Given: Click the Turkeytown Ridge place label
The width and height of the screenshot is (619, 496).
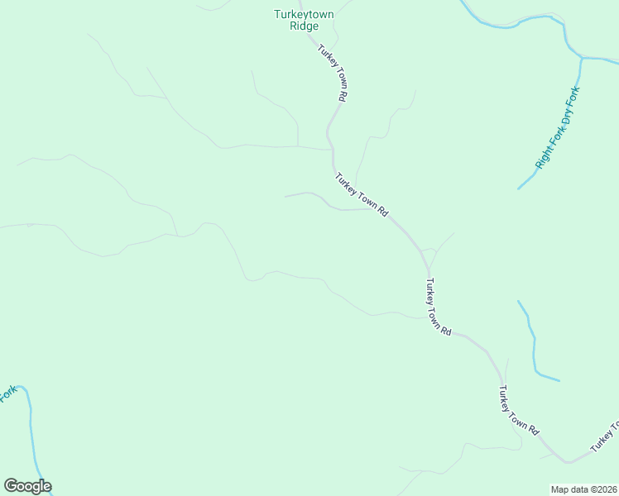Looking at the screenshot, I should pos(305,20).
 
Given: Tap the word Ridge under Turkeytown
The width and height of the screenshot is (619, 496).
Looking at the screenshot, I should pos(305,26).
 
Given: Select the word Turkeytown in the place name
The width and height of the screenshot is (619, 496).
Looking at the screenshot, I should pos(305,14).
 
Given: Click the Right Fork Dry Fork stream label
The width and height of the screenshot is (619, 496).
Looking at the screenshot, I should pos(558,127).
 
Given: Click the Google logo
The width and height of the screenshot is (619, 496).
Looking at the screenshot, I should pos(27,486).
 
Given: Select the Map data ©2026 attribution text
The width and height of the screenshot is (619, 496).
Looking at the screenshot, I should pos(583,489).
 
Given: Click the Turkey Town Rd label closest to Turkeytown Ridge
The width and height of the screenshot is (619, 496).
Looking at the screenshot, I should pos(331,72).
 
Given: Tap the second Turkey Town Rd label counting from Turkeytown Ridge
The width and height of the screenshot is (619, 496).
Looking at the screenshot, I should pos(362,194).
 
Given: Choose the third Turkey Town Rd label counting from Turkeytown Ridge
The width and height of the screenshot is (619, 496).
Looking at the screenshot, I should pos(438,306).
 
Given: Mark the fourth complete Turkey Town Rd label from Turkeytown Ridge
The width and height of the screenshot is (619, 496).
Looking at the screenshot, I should pos(519,411).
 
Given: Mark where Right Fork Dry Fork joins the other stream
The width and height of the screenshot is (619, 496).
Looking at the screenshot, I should pos(583,59).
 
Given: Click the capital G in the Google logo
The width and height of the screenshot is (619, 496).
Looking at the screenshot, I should pos(11,486).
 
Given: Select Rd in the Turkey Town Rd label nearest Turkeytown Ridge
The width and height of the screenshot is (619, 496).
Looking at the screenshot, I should pos(341,95).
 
